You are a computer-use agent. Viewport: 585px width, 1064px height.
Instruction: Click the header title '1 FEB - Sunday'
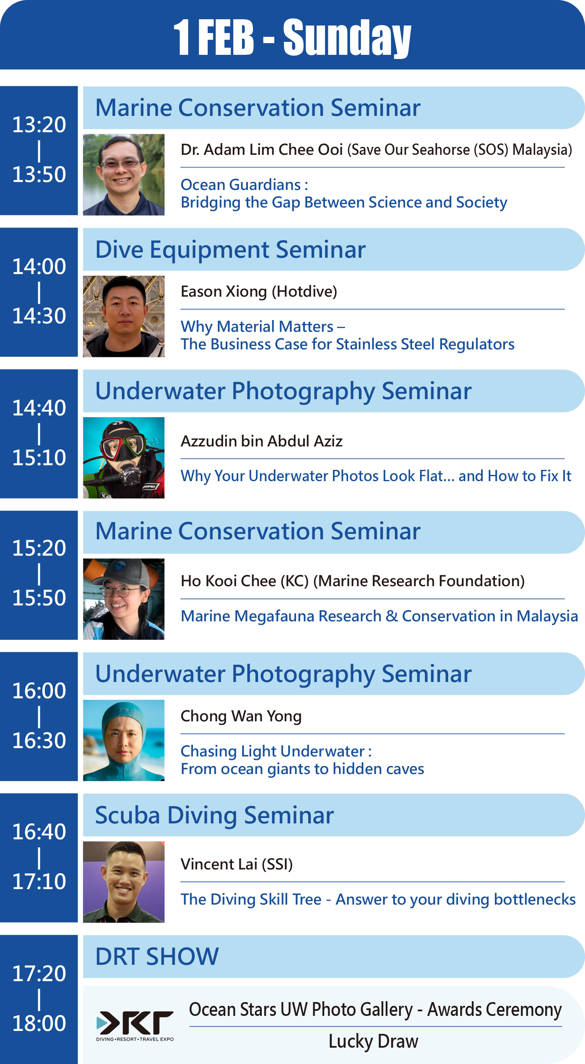pos(292,38)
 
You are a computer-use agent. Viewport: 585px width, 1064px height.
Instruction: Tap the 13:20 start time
pos(39,125)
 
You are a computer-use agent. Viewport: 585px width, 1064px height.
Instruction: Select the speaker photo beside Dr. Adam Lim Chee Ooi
pos(124,174)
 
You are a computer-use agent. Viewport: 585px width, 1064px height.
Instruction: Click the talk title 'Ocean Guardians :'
pos(244,185)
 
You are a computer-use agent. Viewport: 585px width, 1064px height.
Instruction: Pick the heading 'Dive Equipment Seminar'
pos(230,250)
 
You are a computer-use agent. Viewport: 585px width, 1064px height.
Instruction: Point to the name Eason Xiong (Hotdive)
pos(259,292)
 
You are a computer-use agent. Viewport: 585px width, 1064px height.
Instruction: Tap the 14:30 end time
pos(39,316)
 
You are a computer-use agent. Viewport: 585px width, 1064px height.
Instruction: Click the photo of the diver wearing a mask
pos(124,458)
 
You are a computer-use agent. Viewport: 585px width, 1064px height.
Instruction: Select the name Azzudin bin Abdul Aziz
pos(262,441)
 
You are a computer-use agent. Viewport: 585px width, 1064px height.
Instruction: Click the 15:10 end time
pos(39,458)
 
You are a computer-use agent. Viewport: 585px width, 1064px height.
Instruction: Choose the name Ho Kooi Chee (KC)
pos(245,581)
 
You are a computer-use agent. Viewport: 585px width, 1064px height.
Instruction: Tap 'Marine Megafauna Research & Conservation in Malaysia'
pos(379,616)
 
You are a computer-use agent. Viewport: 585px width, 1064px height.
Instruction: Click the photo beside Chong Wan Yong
pos(124,741)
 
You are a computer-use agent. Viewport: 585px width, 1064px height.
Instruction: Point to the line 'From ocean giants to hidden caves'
pos(302,769)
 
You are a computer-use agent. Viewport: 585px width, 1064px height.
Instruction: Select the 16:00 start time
pos(39,691)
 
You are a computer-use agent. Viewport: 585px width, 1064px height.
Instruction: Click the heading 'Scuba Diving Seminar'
pos(214,815)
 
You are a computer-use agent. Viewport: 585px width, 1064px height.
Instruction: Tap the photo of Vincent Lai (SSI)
pos(124,882)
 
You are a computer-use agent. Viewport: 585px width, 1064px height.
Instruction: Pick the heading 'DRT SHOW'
pos(157,956)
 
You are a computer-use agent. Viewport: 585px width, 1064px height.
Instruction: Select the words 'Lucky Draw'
pos(373,1041)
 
